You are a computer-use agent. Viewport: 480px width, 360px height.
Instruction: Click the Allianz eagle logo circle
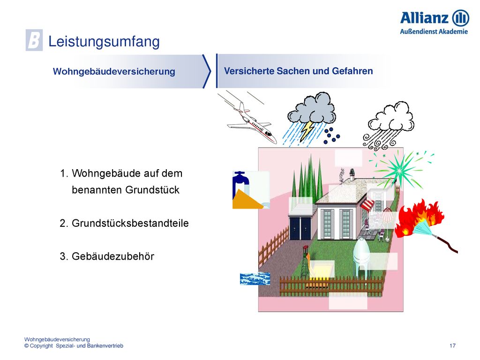coord(460,18)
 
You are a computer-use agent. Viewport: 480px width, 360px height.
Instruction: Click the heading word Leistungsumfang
coord(104,41)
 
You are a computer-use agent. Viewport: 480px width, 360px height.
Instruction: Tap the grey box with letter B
coord(34,40)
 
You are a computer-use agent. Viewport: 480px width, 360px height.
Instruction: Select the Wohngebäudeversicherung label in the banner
coord(114,71)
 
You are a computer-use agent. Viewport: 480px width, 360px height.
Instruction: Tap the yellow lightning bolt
coord(307,130)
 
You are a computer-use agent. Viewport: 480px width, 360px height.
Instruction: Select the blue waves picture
coord(255,278)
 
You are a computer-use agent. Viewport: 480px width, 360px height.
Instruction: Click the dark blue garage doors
coord(300,228)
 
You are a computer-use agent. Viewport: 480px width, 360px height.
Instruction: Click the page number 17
coord(452,345)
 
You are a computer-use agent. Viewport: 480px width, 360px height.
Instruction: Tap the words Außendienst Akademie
coord(434,31)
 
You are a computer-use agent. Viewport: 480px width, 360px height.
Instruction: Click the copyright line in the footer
coord(74,345)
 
